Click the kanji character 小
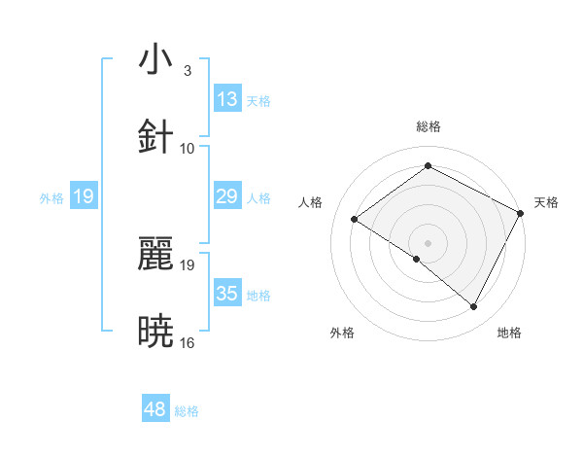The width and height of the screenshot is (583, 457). (x=155, y=59)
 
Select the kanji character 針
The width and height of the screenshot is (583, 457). (x=155, y=137)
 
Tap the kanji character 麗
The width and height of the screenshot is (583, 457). (x=155, y=254)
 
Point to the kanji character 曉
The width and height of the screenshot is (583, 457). (x=155, y=332)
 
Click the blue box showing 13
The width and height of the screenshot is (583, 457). (x=227, y=98)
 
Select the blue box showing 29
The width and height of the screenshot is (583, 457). (x=227, y=196)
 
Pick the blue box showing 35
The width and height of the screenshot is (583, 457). (x=227, y=294)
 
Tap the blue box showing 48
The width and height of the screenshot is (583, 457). (x=155, y=409)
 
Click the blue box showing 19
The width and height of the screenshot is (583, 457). (x=84, y=196)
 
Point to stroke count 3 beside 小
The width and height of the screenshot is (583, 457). (x=187, y=70)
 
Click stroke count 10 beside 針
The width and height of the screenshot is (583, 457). (x=188, y=148)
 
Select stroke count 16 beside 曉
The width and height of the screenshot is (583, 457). (x=188, y=342)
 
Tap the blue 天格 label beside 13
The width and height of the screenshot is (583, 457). (x=258, y=100)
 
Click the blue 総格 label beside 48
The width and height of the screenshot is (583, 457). (x=187, y=411)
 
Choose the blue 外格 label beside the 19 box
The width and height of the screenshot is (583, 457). (x=51, y=198)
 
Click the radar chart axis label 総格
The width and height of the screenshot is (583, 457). (x=428, y=126)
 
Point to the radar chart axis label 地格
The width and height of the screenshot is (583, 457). (x=509, y=333)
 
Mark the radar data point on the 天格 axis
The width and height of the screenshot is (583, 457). (x=520, y=213)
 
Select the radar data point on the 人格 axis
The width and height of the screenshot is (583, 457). (x=355, y=220)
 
